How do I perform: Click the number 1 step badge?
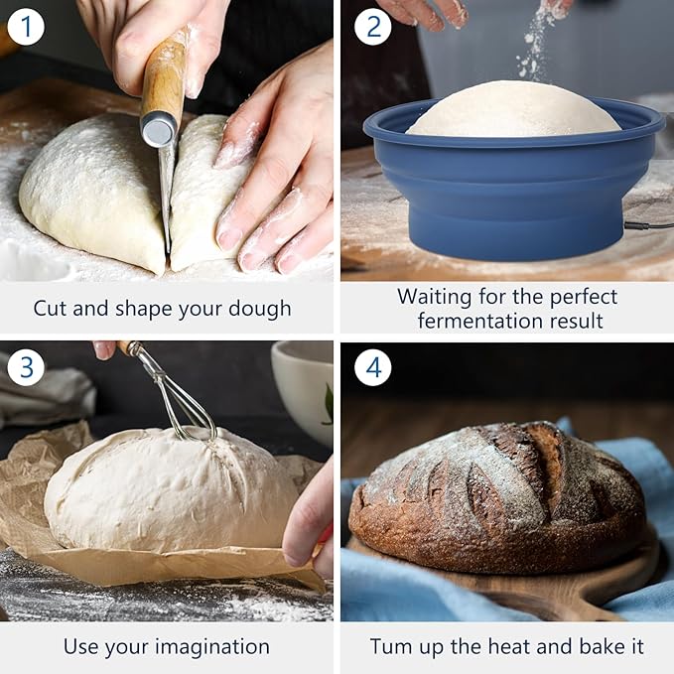tap(26, 26)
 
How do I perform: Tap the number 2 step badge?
tap(373, 26)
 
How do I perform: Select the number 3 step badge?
tap(26, 367)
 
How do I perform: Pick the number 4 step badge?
tap(373, 367)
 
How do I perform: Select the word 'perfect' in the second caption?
tap(576, 297)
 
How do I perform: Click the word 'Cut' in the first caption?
tap(51, 309)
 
